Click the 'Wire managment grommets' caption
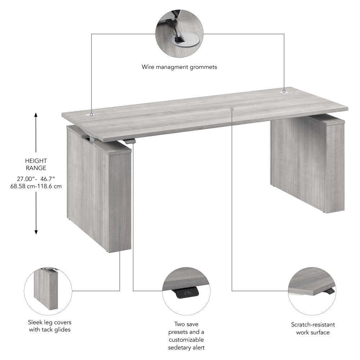tap(179, 67)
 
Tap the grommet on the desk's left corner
tap(89, 114)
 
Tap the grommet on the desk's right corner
tap(284, 92)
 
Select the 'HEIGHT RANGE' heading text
tap(36, 165)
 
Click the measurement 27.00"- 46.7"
tap(36, 179)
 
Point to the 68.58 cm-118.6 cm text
tap(36, 186)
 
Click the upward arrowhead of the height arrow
tap(36, 115)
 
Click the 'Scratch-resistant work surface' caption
tap(312, 328)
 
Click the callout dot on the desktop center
tap(232, 109)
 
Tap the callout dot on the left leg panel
tap(120, 228)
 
